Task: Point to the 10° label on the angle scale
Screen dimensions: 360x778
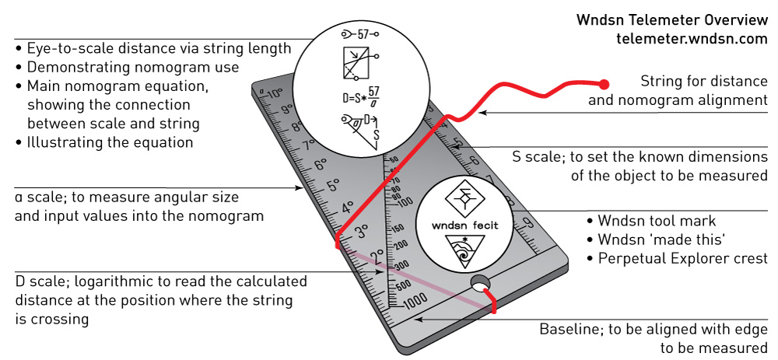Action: [x=273, y=95]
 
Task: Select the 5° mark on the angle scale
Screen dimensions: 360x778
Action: [x=333, y=186]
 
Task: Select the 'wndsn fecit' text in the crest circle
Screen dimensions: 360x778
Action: [x=465, y=225]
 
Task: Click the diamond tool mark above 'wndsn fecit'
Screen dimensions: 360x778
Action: [x=464, y=197]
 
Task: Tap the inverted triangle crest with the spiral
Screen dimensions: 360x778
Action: [x=464, y=249]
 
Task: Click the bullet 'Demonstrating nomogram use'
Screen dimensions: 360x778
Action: [x=132, y=67]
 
